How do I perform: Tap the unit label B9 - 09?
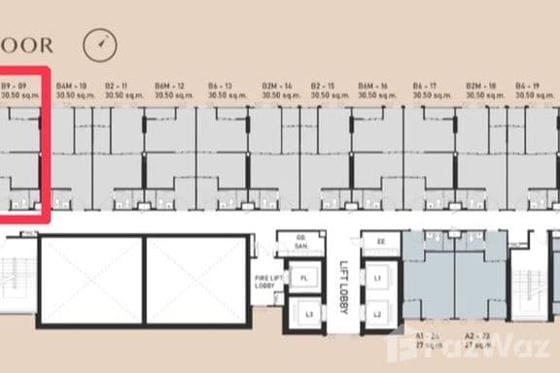(x=19, y=85)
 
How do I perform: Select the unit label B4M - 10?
(x=71, y=85)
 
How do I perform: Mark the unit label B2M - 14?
(x=276, y=85)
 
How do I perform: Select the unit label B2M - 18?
(x=481, y=85)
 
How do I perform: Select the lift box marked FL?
(x=304, y=279)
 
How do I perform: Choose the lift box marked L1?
(x=375, y=279)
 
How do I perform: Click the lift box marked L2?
(x=375, y=314)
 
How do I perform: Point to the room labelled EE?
(x=380, y=240)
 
